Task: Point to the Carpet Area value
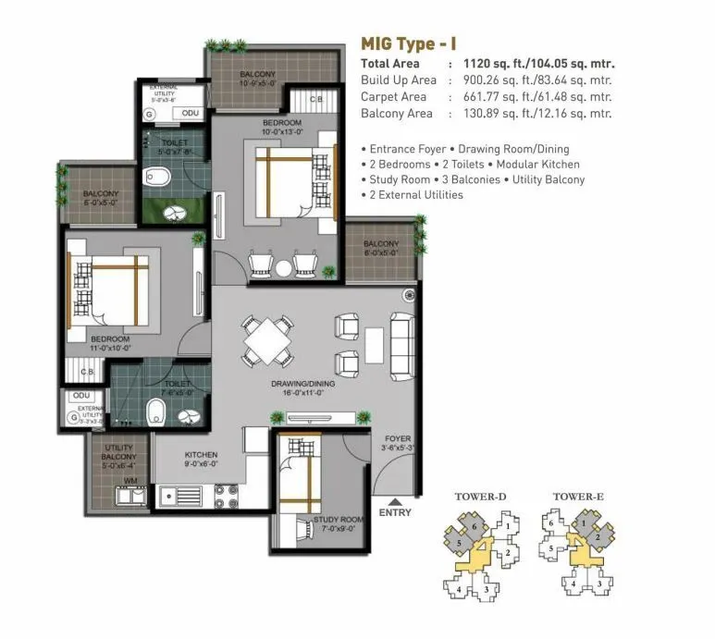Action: pos(532,97)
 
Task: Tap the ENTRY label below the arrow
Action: pos(395,512)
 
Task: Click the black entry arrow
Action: pos(395,499)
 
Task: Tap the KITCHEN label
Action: pos(201,455)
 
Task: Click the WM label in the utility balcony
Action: pos(131,481)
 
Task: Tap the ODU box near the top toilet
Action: pos(190,113)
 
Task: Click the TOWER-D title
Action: pos(480,497)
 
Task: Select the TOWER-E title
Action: pos(578,497)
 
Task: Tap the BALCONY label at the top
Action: pos(255,74)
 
